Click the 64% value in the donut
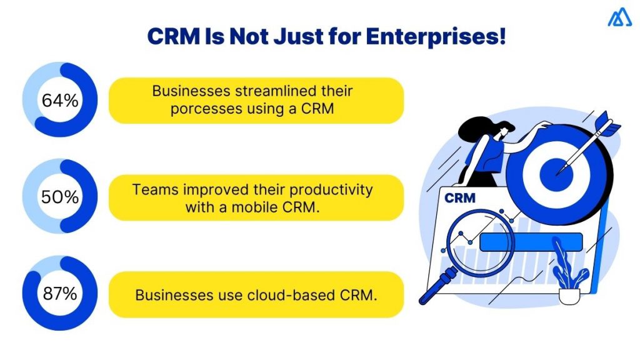(x=60, y=100)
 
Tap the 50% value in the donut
(x=60, y=197)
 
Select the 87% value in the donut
(x=60, y=294)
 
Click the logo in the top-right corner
(x=619, y=18)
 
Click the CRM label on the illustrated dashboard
(x=459, y=199)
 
